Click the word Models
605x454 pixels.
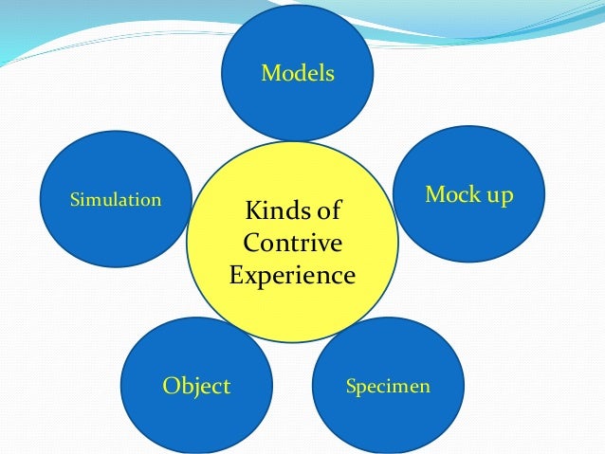(298, 73)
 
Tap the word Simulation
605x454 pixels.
(116, 200)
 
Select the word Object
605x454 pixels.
(196, 386)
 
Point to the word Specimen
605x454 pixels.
(388, 387)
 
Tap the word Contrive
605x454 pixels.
(292, 243)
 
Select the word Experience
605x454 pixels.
(292, 276)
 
